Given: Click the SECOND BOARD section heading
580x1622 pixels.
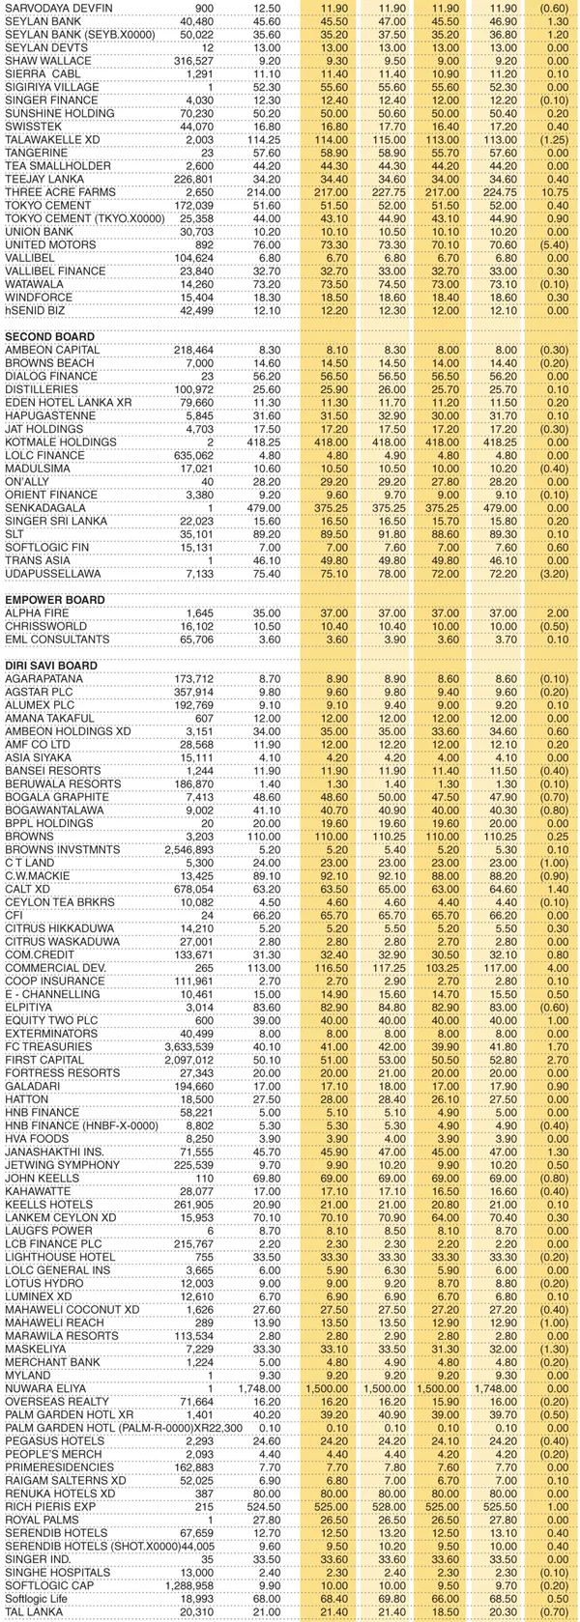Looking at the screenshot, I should point(50,335).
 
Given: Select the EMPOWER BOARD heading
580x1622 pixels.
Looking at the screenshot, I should point(54,600).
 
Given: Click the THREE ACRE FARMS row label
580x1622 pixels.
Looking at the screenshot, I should point(60,192).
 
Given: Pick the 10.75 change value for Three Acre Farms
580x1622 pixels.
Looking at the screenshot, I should point(556,192).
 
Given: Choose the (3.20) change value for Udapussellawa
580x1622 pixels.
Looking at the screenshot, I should point(556,573).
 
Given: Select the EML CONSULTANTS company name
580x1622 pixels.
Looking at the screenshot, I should point(53,640).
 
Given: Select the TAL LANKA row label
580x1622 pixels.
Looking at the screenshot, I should point(32,1611).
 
